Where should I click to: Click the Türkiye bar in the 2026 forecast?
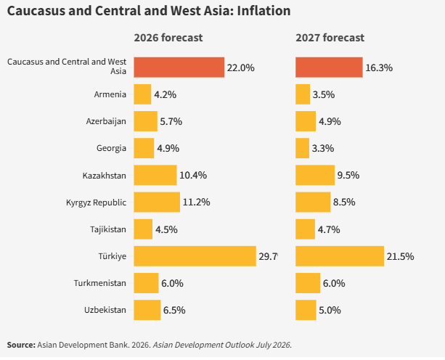[x=195, y=256]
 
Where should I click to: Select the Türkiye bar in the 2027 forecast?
[x=340, y=256]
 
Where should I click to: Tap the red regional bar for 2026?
[x=179, y=67]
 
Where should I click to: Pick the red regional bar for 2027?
[x=329, y=67]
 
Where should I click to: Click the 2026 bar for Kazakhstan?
[x=155, y=175]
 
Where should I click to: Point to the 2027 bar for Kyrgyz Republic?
[x=313, y=202]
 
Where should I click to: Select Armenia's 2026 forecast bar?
[x=142, y=94]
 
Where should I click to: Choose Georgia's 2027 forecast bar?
[x=302, y=148]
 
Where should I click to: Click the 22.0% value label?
[x=241, y=67]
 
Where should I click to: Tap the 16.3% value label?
[x=379, y=67]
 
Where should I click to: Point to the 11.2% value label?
[x=197, y=202]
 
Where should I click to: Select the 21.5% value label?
[x=401, y=256]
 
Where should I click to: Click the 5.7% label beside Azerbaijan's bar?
[x=171, y=121]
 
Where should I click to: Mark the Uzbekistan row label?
[x=105, y=310]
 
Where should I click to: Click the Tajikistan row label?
[x=108, y=229]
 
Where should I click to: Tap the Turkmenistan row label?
[x=100, y=283]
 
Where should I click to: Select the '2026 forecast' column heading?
[x=168, y=38]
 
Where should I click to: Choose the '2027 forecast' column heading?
[x=330, y=38]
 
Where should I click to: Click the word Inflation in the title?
[x=264, y=11]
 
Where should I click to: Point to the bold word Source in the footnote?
[x=21, y=345]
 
